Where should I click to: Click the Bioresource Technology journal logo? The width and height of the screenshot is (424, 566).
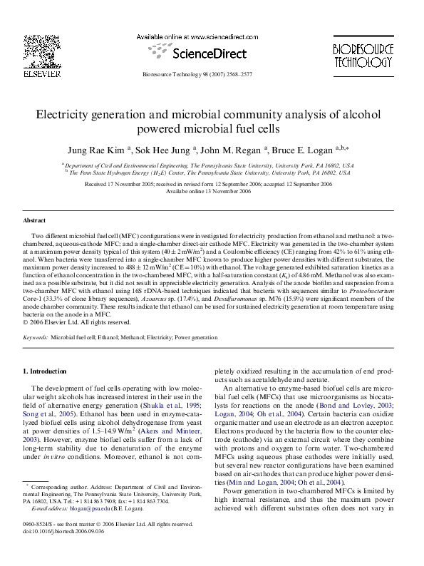coord(363,56)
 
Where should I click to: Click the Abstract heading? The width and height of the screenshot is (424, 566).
coord(34,221)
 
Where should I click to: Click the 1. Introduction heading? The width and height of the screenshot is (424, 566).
coord(45,371)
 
